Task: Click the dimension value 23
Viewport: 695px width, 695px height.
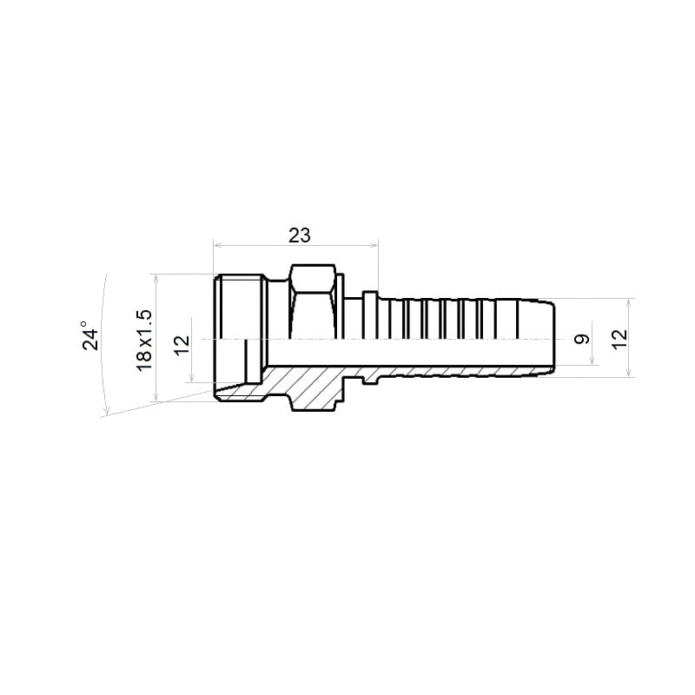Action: tap(300, 235)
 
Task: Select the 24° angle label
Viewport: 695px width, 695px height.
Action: tap(91, 336)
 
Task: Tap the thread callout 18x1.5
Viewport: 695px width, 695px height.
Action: tap(144, 341)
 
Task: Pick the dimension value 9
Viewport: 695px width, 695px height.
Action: tap(582, 339)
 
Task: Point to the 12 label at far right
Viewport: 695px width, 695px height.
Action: tap(619, 339)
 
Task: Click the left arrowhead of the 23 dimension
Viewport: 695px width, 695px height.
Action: tap(217, 245)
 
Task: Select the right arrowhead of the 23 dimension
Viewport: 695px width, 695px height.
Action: tap(374, 245)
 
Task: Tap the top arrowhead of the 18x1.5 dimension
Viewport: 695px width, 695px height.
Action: tap(156, 278)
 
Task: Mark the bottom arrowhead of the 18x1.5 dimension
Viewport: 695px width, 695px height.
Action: tap(156, 398)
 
